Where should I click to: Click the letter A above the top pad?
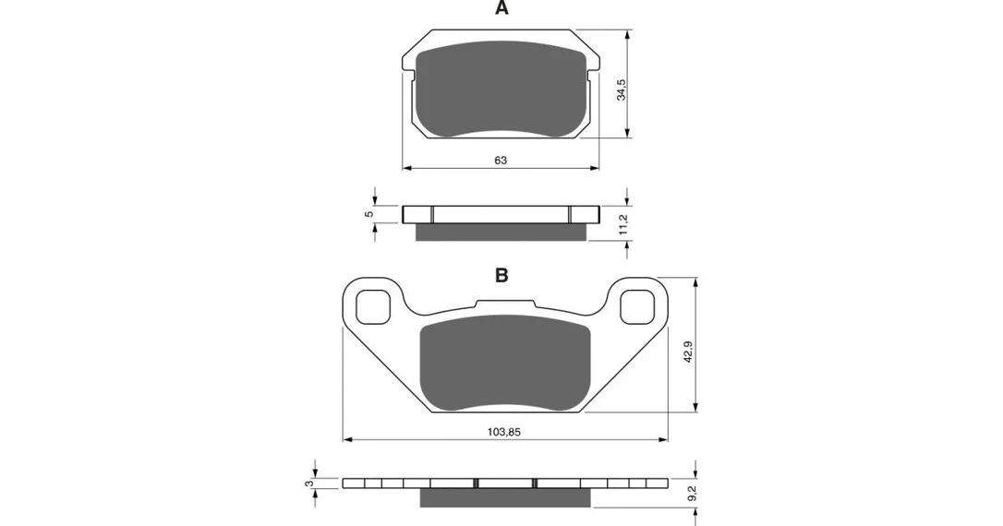point(501,8)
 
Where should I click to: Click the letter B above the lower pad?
point(501,276)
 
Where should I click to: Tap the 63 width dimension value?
point(501,160)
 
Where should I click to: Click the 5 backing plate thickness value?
point(369,214)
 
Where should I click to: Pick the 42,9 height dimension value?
point(688,352)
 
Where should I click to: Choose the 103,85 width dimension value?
point(504,432)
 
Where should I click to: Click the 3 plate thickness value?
point(309,484)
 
